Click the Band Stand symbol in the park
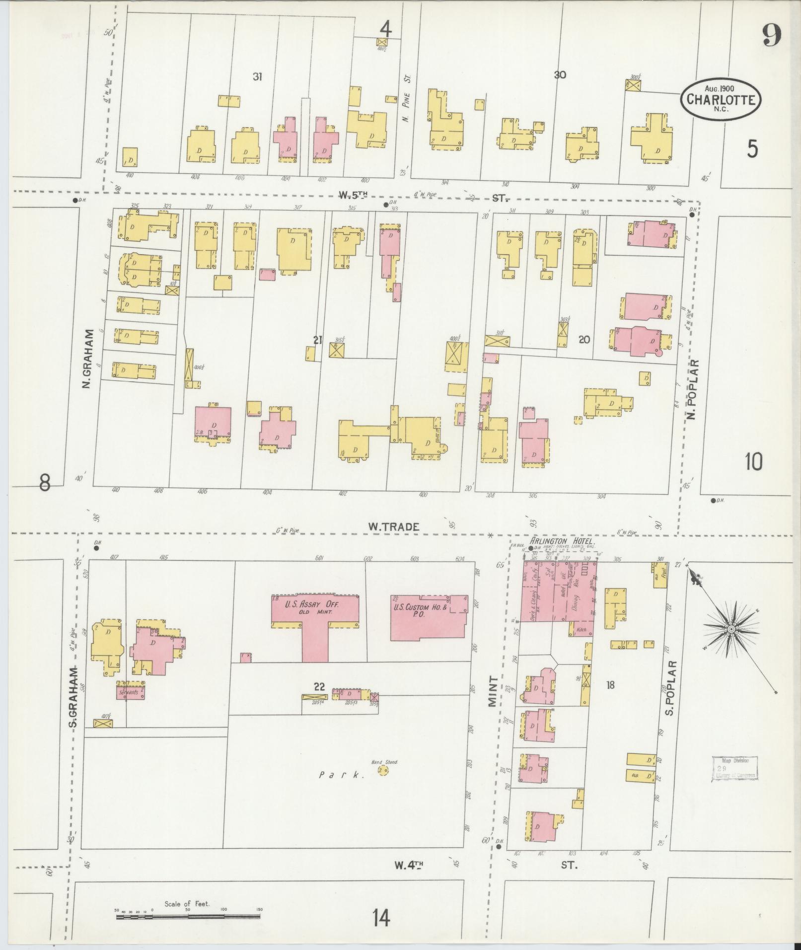[383, 784]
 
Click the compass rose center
[731, 629]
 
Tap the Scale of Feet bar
[189, 917]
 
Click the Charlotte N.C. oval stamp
[721, 99]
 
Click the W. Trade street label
[394, 527]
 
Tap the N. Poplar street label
[693, 389]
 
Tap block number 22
[319, 687]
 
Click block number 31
[257, 76]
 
